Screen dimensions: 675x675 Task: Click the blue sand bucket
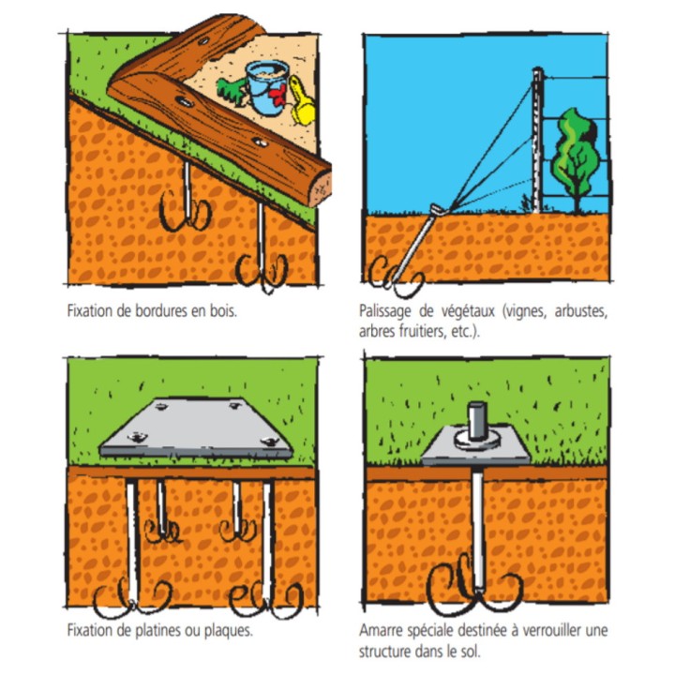tap(267, 87)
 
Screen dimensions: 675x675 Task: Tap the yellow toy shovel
tap(301, 101)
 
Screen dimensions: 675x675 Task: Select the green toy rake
tap(231, 91)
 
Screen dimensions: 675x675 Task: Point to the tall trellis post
tap(537, 140)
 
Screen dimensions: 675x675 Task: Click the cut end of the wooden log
tap(322, 188)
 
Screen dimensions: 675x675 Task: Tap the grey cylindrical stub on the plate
tap(477, 420)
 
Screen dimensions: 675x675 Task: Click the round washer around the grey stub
tap(477, 439)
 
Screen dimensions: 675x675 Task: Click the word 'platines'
tap(158, 631)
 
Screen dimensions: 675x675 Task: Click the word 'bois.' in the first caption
tap(223, 311)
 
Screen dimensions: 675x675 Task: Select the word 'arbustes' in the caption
tap(580, 311)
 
